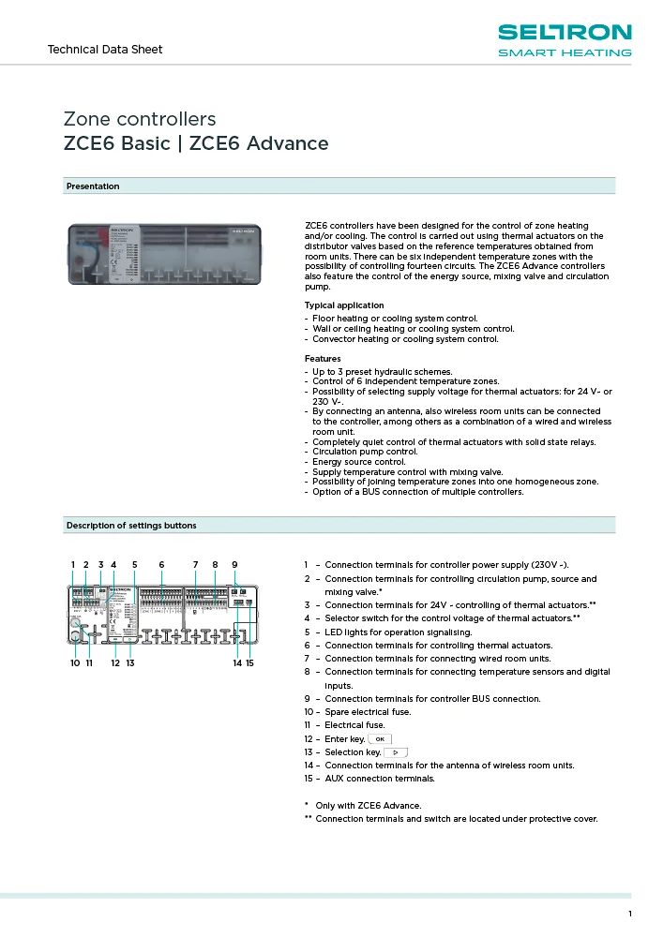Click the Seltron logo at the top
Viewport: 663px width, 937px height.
pyautogui.click(x=564, y=40)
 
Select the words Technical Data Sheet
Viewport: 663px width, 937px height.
pyautogui.click(x=104, y=49)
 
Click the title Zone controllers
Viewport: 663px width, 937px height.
pyautogui.click(x=139, y=119)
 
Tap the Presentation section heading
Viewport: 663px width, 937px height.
pyautogui.click(x=93, y=186)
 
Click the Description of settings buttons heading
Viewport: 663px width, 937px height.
pyautogui.click(x=131, y=525)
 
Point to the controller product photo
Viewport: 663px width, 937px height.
pyautogui.click(x=170, y=254)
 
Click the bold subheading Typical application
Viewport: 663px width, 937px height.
pyautogui.click(x=343, y=305)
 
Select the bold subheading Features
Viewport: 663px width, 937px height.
pyautogui.click(x=323, y=359)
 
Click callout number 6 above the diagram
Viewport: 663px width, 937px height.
pyautogui.click(x=161, y=564)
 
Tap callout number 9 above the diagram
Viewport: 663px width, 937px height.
pyautogui.click(x=234, y=564)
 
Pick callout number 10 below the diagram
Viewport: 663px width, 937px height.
pyautogui.click(x=75, y=662)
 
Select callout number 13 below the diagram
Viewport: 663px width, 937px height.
pyautogui.click(x=130, y=662)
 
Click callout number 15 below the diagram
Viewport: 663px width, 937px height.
pyautogui.click(x=250, y=662)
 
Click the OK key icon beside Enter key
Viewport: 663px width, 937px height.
pyautogui.click(x=381, y=739)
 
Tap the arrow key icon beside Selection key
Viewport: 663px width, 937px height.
pyautogui.click(x=396, y=752)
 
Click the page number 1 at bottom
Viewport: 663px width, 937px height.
pyautogui.click(x=630, y=914)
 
